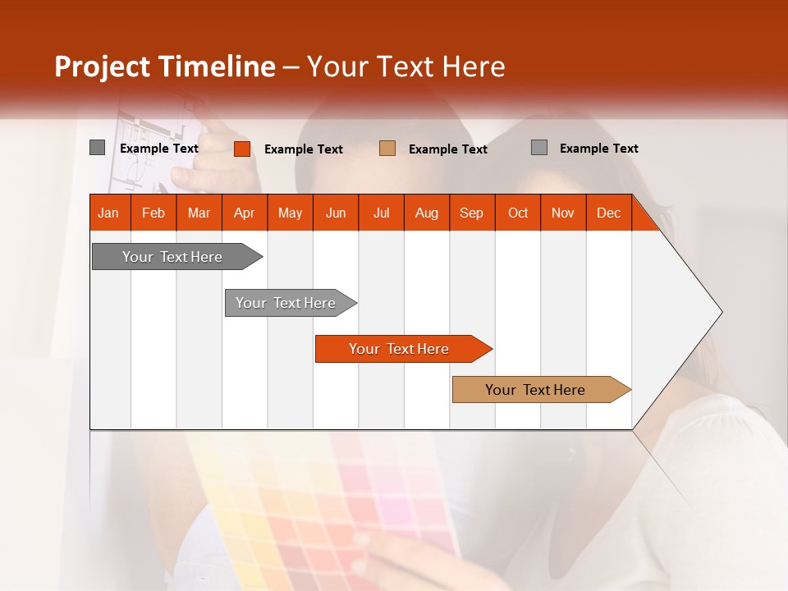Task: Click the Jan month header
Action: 109,213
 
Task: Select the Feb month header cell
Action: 153,213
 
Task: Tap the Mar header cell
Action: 199,213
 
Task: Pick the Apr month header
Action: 245,213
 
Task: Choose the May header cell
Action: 290,213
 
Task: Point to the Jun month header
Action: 336,213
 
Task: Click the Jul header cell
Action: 381,213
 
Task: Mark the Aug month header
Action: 427,213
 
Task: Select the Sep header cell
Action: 472,213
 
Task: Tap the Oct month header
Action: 518,213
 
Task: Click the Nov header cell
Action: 563,213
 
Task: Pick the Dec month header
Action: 609,213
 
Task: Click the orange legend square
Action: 242,149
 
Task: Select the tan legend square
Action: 387,148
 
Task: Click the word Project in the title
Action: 103,66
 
